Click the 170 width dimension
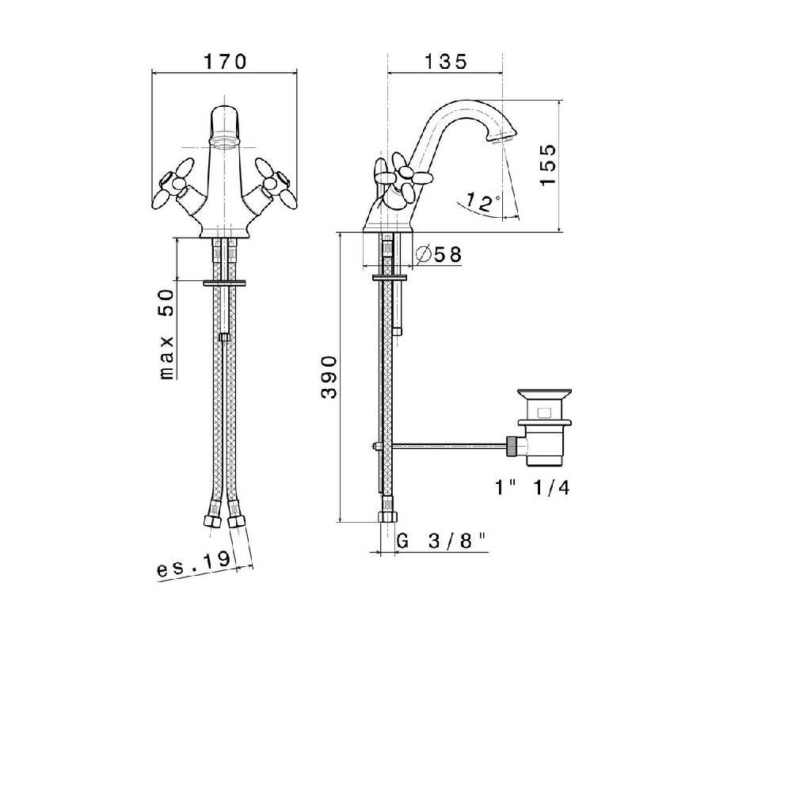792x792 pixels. tap(225, 62)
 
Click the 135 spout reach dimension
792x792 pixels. tap(446, 62)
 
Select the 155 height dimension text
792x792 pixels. tap(547, 166)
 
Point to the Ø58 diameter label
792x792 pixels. tap(439, 254)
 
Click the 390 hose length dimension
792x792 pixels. tap(329, 377)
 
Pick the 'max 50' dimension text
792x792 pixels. tap(166, 334)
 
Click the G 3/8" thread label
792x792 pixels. tap(441, 541)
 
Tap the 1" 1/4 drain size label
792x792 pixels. tap(532, 488)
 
